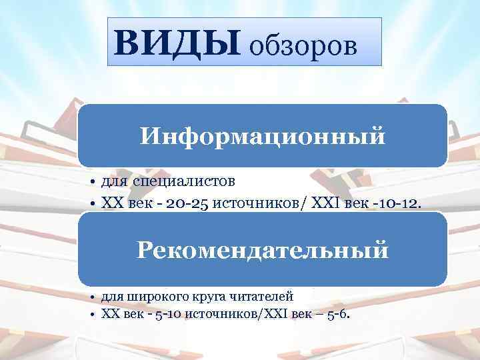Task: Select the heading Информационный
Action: [x=262, y=136]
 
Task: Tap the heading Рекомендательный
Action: [x=262, y=251]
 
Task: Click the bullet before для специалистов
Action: [x=93, y=181]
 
